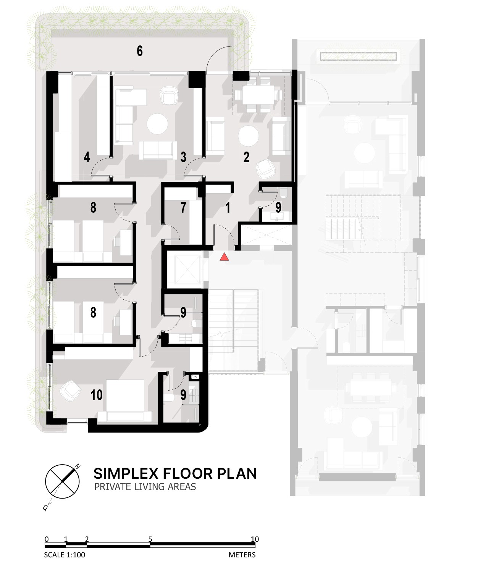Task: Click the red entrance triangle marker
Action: click(224, 257)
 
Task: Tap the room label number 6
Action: click(140, 51)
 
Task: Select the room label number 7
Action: click(183, 207)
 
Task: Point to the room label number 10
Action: click(96, 395)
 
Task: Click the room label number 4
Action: click(87, 157)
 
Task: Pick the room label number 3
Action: click(183, 157)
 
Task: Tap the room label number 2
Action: click(246, 157)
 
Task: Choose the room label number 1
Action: click(228, 207)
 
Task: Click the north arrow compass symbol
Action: click(62, 481)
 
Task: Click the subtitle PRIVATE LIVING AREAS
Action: click(145, 487)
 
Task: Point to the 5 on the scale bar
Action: click(150, 539)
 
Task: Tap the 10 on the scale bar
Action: click(255, 539)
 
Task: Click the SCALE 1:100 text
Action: click(65, 555)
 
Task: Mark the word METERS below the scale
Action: click(242, 555)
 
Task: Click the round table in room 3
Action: click(157, 124)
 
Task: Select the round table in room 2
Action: click(249, 136)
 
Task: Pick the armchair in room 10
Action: click(70, 391)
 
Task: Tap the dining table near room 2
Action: click(258, 94)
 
